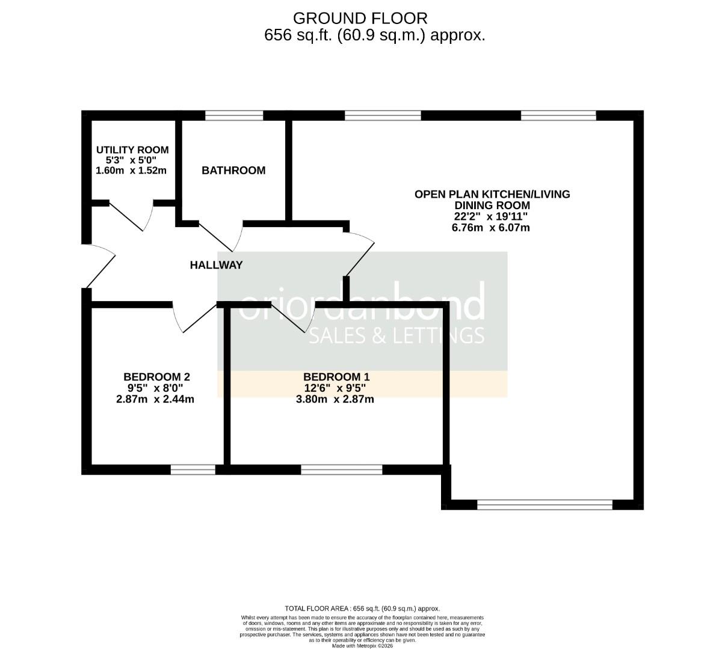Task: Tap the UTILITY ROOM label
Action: pyautogui.click(x=132, y=150)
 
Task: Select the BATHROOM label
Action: pyautogui.click(x=233, y=171)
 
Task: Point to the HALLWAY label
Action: pyautogui.click(x=216, y=265)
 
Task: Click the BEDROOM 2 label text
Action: pyautogui.click(x=156, y=377)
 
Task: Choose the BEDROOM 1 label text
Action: pyautogui.click(x=336, y=377)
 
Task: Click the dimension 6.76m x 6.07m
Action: pyautogui.click(x=490, y=228)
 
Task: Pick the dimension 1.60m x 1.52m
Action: pyautogui.click(x=131, y=171)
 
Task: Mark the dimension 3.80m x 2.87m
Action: pyautogui.click(x=335, y=399)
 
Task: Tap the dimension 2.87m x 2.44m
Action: pyautogui.click(x=155, y=399)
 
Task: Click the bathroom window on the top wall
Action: pyautogui.click(x=234, y=115)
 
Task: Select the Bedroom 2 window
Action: pyautogui.click(x=193, y=470)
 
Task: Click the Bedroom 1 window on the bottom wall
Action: pyautogui.click(x=341, y=470)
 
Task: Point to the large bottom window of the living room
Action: pyautogui.click(x=545, y=505)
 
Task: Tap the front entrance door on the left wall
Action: pyautogui.click(x=99, y=266)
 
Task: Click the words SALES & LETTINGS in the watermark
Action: pyautogui.click(x=396, y=335)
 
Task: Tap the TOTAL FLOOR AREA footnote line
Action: pyautogui.click(x=362, y=608)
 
